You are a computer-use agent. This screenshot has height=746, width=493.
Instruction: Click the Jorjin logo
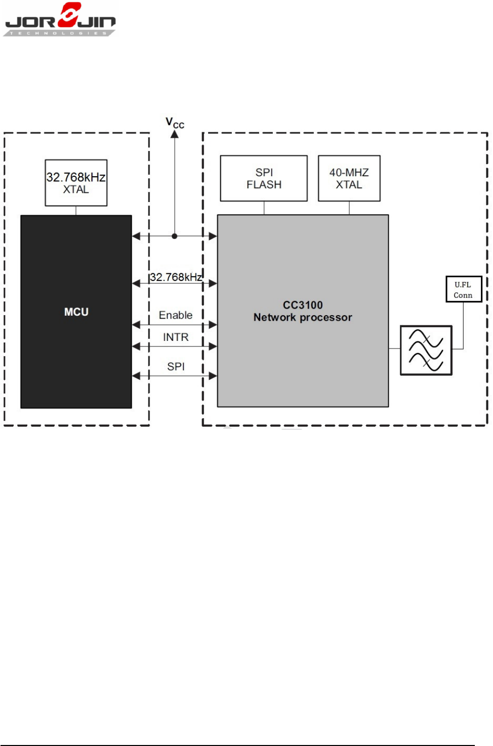(59, 19)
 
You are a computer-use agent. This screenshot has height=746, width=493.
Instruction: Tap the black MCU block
(76, 312)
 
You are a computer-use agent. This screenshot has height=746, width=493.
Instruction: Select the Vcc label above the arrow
(175, 123)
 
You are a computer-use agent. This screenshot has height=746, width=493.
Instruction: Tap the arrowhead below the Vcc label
(175, 134)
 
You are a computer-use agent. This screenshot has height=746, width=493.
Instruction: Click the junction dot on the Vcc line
(175, 236)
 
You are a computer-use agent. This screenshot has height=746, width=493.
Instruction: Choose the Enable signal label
(176, 315)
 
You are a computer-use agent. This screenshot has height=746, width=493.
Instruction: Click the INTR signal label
(176, 337)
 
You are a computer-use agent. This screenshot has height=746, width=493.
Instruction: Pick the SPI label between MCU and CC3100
(176, 366)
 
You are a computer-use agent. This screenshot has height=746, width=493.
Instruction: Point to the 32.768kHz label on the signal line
(176, 277)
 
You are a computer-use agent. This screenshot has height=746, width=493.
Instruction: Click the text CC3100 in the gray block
(303, 305)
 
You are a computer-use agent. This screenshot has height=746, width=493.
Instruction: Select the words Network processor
(303, 317)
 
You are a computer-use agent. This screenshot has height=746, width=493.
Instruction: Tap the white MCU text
(76, 312)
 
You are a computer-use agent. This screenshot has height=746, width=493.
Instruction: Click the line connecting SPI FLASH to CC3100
(264, 208)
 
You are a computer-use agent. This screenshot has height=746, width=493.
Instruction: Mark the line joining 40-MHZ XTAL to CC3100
(349, 208)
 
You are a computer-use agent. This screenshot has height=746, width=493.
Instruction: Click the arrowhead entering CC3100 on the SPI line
(213, 376)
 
